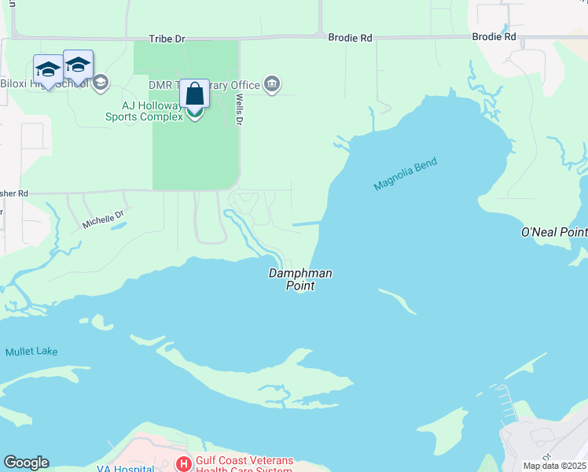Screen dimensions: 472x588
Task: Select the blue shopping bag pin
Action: coord(194,94)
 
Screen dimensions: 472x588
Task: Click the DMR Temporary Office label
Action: coord(204,84)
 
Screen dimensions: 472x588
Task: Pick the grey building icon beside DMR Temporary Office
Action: coord(272,83)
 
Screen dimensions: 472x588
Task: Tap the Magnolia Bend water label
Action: coord(405,174)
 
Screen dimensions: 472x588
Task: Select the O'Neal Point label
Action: coord(554,232)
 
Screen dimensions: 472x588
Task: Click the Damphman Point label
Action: coord(300,279)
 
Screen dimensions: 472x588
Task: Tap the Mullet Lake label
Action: coord(31,352)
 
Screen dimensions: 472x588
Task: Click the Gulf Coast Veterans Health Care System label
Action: coord(244,465)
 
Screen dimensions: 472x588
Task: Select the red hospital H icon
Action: coord(183,464)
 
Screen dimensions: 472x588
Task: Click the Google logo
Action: coord(26,463)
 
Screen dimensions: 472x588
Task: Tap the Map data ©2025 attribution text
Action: coord(555,466)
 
